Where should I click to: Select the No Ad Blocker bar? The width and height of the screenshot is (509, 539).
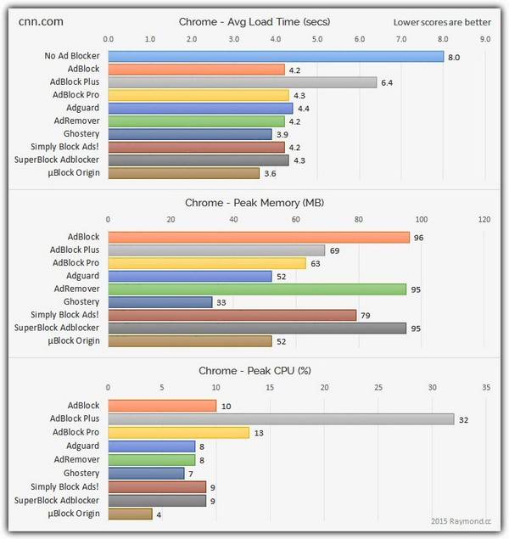tap(276, 56)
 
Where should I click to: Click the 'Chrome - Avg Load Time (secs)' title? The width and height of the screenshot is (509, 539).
tap(255, 21)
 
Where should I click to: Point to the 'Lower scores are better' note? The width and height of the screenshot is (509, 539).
tap(441, 22)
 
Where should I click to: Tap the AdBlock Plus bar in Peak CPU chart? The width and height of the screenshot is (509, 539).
tap(281, 418)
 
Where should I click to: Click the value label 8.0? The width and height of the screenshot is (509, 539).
tap(454, 57)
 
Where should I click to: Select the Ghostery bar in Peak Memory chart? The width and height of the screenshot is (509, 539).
tap(160, 301)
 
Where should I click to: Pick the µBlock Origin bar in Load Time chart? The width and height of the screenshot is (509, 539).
tap(183, 173)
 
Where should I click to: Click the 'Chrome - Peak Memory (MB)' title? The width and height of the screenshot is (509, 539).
tap(255, 202)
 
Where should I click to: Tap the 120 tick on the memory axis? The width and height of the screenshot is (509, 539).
tap(484, 219)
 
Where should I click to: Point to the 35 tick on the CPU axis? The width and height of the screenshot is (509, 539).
tap(486, 388)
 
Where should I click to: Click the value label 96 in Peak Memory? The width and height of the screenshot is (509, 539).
tap(418, 238)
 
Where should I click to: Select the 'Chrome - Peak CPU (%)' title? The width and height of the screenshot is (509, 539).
tap(255, 371)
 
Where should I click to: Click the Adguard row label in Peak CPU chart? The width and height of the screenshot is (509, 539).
tap(83, 446)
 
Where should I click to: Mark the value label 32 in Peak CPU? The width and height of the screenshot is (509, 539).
tap(463, 419)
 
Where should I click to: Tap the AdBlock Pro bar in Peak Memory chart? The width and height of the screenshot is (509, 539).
tap(207, 263)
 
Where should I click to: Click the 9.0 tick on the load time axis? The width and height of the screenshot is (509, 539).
tap(484, 39)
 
